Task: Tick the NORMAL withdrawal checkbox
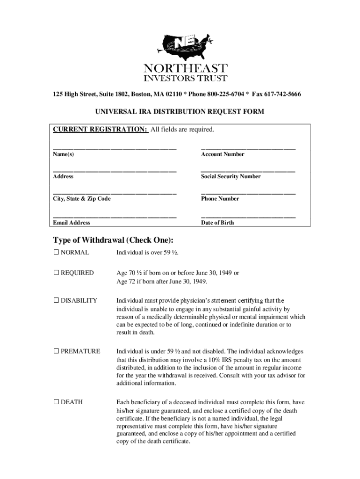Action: [x=56, y=253]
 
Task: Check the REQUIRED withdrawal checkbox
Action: [x=56, y=273]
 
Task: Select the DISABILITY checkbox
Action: [x=56, y=300]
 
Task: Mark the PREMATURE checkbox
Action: [x=56, y=351]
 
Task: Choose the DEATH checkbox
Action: [x=56, y=402]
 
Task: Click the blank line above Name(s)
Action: [x=115, y=148]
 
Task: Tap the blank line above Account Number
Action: [x=248, y=148]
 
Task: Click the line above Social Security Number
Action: [x=248, y=171]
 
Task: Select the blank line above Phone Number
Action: [x=248, y=193]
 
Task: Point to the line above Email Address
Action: [x=115, y=217]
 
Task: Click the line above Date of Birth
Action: [x=248, y=217]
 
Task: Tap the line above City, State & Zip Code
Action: [x=115, y=193]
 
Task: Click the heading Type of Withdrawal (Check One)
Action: [x=113, y=240]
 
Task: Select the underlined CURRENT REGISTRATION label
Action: [x=101, y=129]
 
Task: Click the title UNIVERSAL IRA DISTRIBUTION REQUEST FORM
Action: [x=180, y=112]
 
